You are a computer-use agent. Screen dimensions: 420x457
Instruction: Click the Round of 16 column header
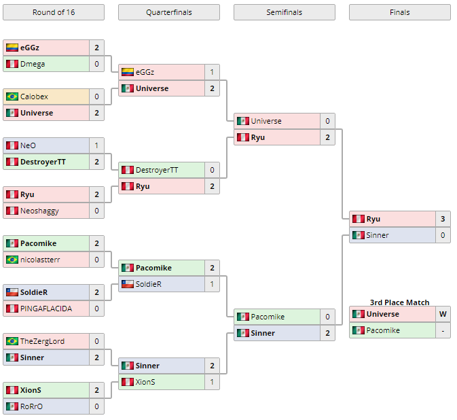tap(54, 12)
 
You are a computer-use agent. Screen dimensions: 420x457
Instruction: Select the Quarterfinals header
tap(168, 12)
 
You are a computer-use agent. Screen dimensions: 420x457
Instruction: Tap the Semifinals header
tap(284, 12)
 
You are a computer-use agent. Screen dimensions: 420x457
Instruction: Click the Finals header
tap(399, 12)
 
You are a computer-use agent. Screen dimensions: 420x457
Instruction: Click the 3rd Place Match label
tap(399, 302)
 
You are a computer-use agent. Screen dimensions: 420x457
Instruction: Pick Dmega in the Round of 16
tap(33, 64)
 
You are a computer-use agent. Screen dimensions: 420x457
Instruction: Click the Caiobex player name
tap(34, 97)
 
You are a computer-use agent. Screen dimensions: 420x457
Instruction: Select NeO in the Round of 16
tap(28, 145)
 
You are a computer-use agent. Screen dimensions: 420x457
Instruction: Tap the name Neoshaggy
tap(39, 211)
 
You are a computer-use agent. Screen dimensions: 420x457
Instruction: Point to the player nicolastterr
tap(40, 260)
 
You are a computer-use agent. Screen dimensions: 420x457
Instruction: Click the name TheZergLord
tap(42, 341)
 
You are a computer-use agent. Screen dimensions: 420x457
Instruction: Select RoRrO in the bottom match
tap(32, 406)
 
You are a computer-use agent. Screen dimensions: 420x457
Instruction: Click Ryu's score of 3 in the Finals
tap(443, 219)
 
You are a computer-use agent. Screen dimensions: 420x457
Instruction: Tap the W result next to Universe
tap(443, 314)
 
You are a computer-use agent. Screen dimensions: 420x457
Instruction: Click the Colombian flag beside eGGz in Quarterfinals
tap(128, 72)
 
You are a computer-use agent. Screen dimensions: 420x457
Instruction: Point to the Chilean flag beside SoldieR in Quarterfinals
tap(128, 284)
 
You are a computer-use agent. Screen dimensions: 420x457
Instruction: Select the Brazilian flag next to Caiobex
tap(12, 97)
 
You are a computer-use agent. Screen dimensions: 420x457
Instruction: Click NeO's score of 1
tap(96, 145)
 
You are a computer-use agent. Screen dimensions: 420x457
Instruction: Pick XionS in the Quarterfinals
tap(145, 382)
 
